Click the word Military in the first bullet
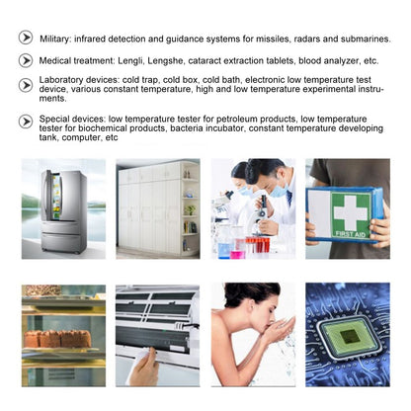point(54,39)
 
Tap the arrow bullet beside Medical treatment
point(26,60)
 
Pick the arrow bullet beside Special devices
point(26,122)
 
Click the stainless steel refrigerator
point(63,211)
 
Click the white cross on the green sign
point(351,212)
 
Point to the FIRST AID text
point(351,234)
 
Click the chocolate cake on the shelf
point(57,339)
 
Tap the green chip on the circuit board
point(350,336)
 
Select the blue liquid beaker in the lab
point(224,250)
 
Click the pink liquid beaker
point(237,254)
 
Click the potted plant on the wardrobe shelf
point(190,209)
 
